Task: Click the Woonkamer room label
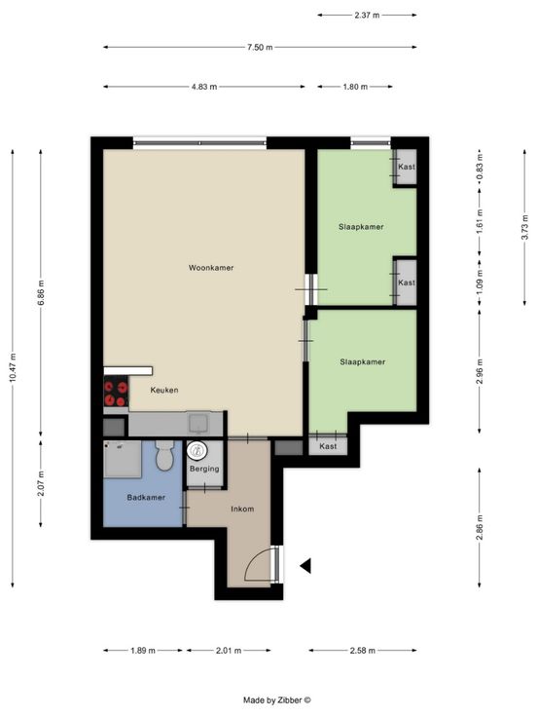click(x=211, y=268)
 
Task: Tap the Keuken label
click(x=164, y=390)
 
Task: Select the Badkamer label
click(x=146, y=497)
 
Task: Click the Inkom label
click(x=242, y=509)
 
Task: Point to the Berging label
click(x=204, y=469)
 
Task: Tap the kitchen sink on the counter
click(x=198, y=424)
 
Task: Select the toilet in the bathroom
click(x=163, y=455)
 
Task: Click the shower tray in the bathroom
click(x=123, y=459)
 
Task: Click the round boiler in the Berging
click(x=197, y=451)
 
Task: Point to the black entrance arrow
click(x=305, y=566)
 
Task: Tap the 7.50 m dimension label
click(x=260, y=47)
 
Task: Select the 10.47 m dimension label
click(x=13, y=367)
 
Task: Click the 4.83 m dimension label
click(x=204, y=87)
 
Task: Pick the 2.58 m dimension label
click(x=363, y=650)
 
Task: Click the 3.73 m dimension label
click(x=525, y=227)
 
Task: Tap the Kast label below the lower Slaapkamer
click(x=328, y=446)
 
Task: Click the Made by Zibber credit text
click(x=277, y=700)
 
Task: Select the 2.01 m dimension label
click(x=229, y=650)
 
